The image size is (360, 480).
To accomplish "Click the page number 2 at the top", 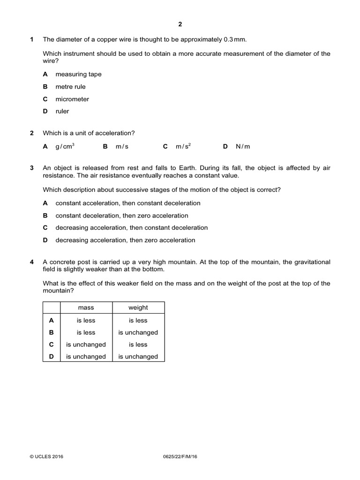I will point(180,25).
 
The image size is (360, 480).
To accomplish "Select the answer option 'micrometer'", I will point(72,99).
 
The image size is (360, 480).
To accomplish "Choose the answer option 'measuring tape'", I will point(78,74).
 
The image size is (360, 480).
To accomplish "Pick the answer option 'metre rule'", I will point(70,87).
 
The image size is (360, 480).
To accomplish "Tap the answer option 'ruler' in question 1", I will point(62,112).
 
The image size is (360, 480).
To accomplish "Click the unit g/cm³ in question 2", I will point(65,146).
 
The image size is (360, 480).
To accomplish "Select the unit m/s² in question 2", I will point(183,146).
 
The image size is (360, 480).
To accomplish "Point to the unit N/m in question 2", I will point(243,146).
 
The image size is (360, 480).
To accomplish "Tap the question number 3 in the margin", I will point(32,168).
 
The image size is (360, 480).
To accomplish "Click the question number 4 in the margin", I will point(32,262).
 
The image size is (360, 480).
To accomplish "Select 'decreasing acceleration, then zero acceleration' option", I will point(125,240).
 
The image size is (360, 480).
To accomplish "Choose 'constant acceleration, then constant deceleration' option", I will point(127,203).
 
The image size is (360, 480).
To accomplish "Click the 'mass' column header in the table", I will point(86,307).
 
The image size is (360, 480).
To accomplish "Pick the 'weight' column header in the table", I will point(138,307).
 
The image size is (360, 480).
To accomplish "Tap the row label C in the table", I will point(52,344).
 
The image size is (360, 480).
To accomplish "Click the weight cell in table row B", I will point(138,332).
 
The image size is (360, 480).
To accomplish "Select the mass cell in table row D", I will point(86,356).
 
